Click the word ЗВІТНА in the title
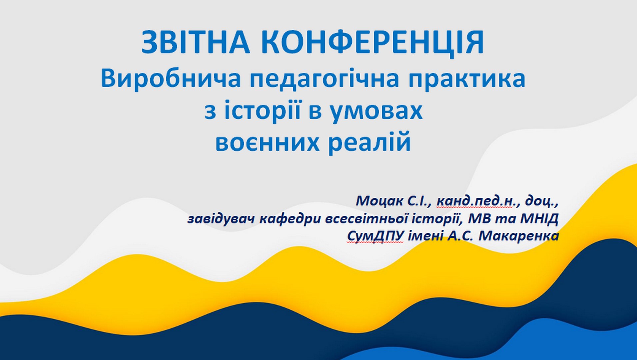tap(196, 43)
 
